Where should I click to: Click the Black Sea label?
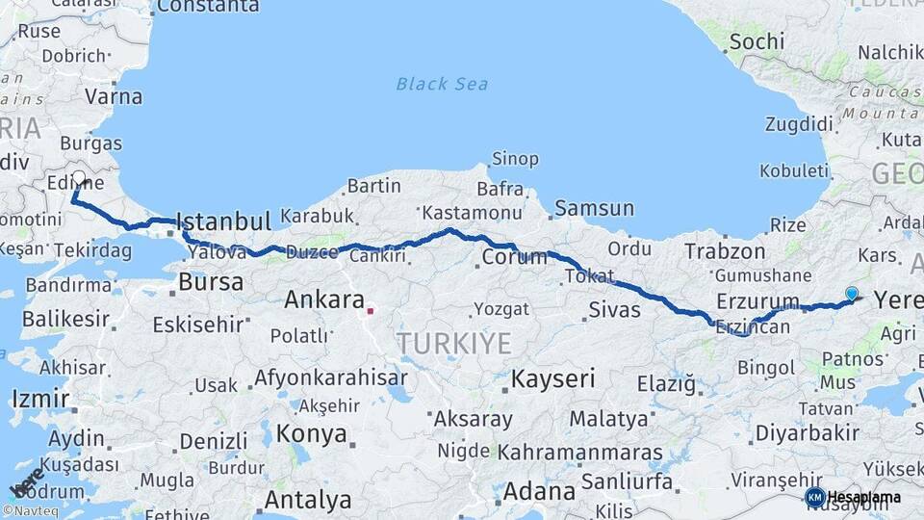pyautogui.click(x=442, y=84)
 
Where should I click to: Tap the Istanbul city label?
pyautogui.click(x=224, y=222)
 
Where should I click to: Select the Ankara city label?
pyautogui.click(x=323, y=299)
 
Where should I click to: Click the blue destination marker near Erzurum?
pyautogui.click(x=851, y=293)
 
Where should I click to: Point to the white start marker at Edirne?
pyautogui.click(x=79, y=178)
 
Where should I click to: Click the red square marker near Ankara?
pyautogui.click(x=370, y=311)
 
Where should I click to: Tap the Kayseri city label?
pyautogui.click(x=552, y=378)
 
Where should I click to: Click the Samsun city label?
pyautogui.click(x=594, y=208)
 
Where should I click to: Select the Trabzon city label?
pyautogui.click(x=724, y=250)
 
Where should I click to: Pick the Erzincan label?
pyautogui.click(x=752, y=327)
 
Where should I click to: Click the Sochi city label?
pyautogui.click(x=757, y=41)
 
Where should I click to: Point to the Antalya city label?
pyautogui.click(x=307, y=500)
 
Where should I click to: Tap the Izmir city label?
pyautogui.click(x=40, y=399)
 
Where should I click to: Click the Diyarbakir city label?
pyautogui.click(x=807, y=432)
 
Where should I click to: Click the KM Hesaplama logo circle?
pyautogui.click(x=814, y=497)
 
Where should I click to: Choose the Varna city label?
pyautogui.click(x=114, y=96)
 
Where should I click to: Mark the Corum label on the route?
pyautogui.click(x=514, y=257)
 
